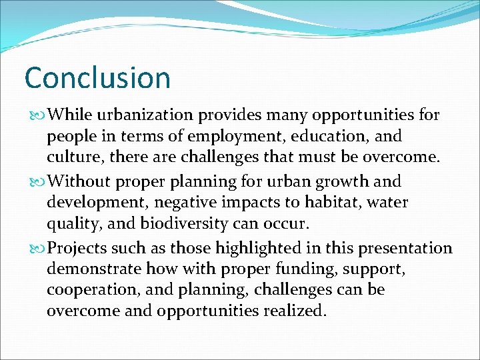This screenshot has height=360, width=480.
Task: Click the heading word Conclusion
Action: (97, 77)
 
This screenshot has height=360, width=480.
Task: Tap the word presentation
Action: (405, 248)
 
